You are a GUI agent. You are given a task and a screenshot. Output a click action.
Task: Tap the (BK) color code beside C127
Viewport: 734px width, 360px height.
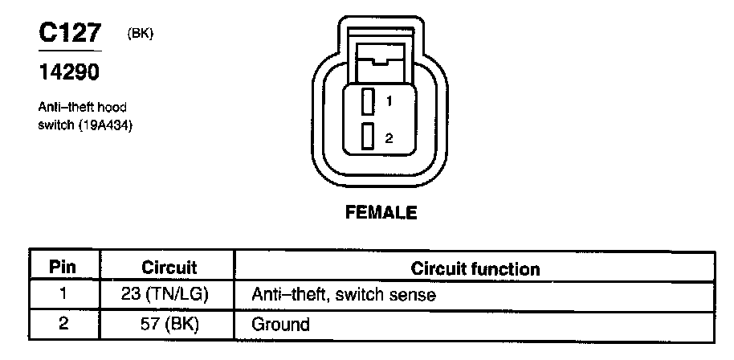tap(140, 34)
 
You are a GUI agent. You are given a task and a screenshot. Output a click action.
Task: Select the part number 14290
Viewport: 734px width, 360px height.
tap(69, 73)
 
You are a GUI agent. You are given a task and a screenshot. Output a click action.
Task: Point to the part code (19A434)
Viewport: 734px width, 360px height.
tap(104, 125)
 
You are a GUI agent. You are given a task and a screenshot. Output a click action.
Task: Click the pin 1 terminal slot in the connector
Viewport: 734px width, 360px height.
tap(369, 102)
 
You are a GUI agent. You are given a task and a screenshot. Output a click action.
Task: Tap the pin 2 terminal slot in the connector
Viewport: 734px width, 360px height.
tap(369, 137)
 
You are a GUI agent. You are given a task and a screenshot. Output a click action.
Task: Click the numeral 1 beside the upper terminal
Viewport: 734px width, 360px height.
tap(388, 102)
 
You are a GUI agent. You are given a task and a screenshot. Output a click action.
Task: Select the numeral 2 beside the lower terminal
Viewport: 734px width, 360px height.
tap(388, 137)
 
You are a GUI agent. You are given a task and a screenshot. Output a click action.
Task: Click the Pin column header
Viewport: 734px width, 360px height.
tap(63, 267)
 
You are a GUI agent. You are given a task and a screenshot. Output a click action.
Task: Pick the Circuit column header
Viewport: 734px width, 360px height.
tap(169, 267)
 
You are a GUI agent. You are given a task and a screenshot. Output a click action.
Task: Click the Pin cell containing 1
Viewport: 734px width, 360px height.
tap(63, 294)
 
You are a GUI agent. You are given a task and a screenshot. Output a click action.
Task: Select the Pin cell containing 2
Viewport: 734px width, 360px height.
tap(63, 325)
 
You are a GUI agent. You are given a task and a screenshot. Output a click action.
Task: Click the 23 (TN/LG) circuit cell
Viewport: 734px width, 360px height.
tap(169, 294)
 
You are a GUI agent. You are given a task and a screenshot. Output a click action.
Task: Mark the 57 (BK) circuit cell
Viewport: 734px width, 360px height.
tap(169, 325)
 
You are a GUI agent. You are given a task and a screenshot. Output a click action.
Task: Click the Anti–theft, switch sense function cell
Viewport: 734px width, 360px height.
tap(344, 295)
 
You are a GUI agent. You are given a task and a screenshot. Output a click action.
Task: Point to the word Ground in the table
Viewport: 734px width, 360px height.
tap(280, 325)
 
